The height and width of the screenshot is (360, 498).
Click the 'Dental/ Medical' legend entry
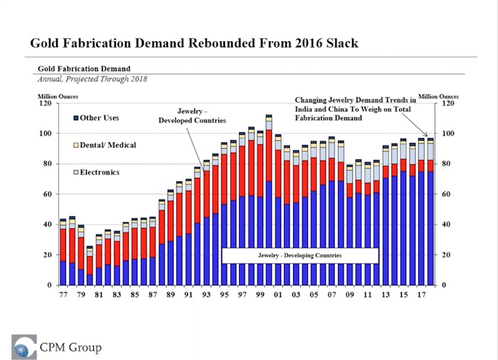(102, 145)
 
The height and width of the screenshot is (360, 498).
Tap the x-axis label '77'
(63, 293)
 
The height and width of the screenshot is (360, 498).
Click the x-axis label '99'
(260, 293)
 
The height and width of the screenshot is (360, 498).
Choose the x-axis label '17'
(420, 293)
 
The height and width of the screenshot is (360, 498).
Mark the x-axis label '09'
(349, 293)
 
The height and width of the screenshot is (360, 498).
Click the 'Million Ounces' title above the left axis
(58, 96)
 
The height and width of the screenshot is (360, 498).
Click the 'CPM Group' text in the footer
(70, 348)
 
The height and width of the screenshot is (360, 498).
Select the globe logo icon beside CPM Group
(24, 346)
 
